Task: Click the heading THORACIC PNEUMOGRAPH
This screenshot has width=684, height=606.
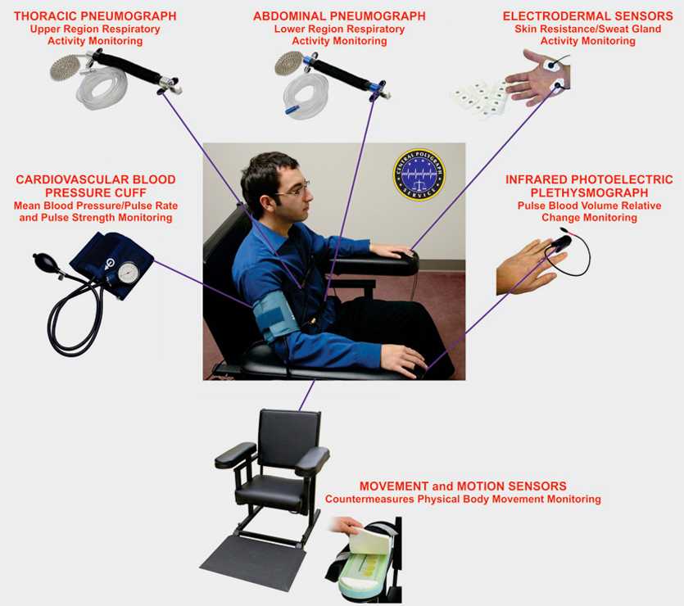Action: [x=95, y=16]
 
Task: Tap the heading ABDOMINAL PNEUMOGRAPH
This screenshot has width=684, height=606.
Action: [x=339, y=16]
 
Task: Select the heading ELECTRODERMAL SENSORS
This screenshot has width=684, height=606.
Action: [x=587, y=16]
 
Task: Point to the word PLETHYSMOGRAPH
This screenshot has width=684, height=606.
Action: [x=589, y=192]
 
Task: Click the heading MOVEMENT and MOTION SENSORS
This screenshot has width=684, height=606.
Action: [x=463, y=486]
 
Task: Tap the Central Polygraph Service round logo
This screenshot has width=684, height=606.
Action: [x=419, y=175]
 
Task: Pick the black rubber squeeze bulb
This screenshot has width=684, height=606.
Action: [x=43, y=260]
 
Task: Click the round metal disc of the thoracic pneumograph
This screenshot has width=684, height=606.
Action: [x=66, y=68]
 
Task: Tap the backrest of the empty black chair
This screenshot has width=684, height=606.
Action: [x=290, y=436]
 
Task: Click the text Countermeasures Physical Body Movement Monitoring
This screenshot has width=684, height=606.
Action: [x=463, y=500]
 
